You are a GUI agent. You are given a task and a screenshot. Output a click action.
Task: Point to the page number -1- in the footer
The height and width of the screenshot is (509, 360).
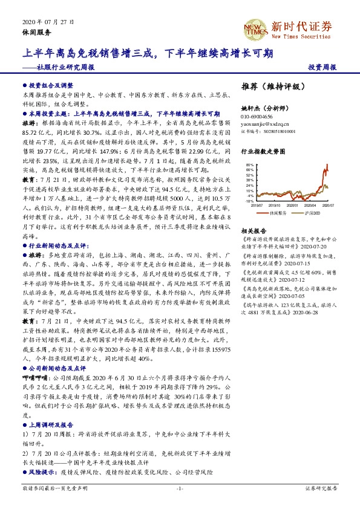(180, 487)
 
